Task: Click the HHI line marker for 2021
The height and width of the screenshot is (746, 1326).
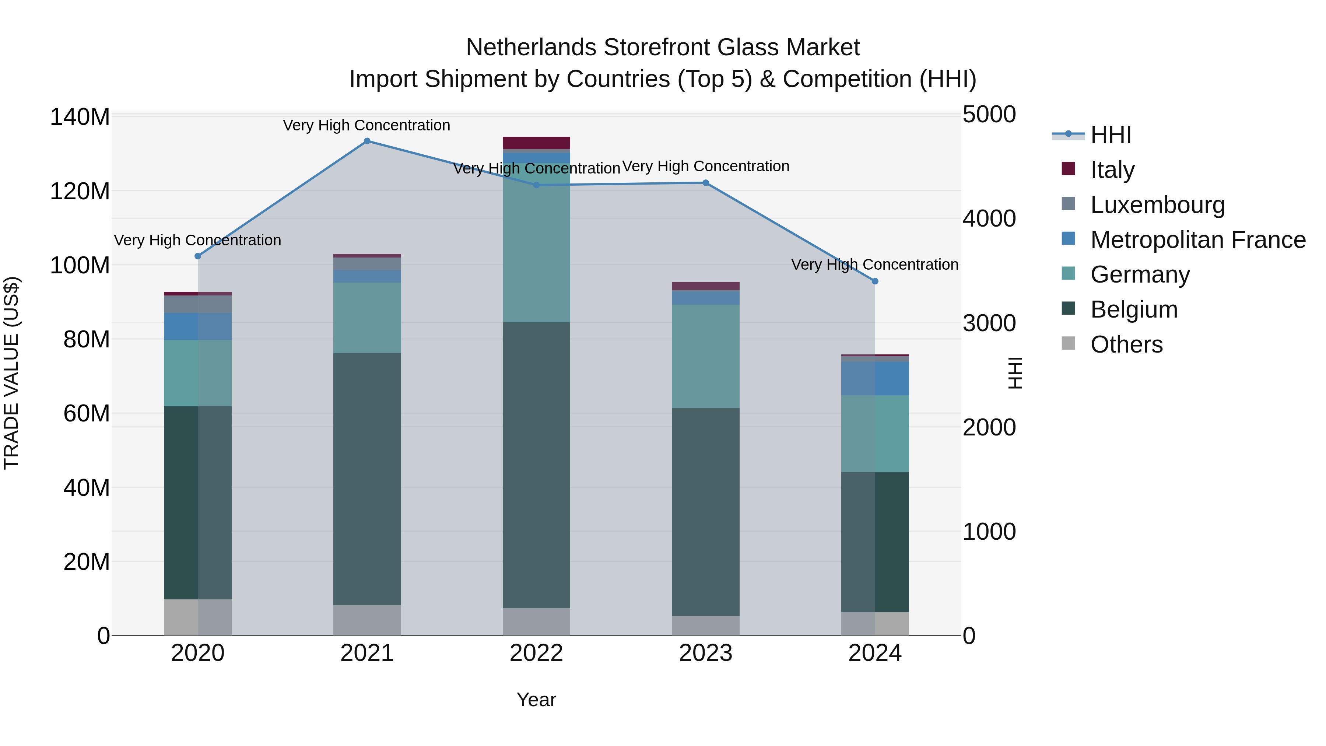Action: [367, 141]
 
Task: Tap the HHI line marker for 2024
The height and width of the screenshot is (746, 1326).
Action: [875, 281]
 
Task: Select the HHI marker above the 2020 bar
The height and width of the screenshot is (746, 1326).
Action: [198, 256]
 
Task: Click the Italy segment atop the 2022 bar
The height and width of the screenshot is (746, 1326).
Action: [536, 143]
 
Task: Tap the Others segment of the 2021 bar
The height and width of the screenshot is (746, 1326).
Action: [367, 620]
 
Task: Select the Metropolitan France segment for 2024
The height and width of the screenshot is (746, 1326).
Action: [875, 378]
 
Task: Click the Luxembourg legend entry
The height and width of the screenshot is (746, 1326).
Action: [1157, 205]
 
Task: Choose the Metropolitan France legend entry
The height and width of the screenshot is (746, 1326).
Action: [1197, 240]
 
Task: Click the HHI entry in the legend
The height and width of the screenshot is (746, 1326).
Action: [1111, 135]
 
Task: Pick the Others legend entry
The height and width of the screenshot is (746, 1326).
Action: [1126, 344]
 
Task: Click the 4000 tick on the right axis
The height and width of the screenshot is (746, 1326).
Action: [989, 219]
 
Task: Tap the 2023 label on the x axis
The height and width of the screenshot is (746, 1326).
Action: [705, 653]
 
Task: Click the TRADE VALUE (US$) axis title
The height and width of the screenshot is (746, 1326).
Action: [11, 373]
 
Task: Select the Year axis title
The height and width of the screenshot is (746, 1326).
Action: [536, 700]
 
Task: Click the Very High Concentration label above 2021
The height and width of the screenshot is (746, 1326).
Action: [366, 125]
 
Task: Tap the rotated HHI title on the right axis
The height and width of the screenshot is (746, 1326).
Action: [1015, 373]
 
